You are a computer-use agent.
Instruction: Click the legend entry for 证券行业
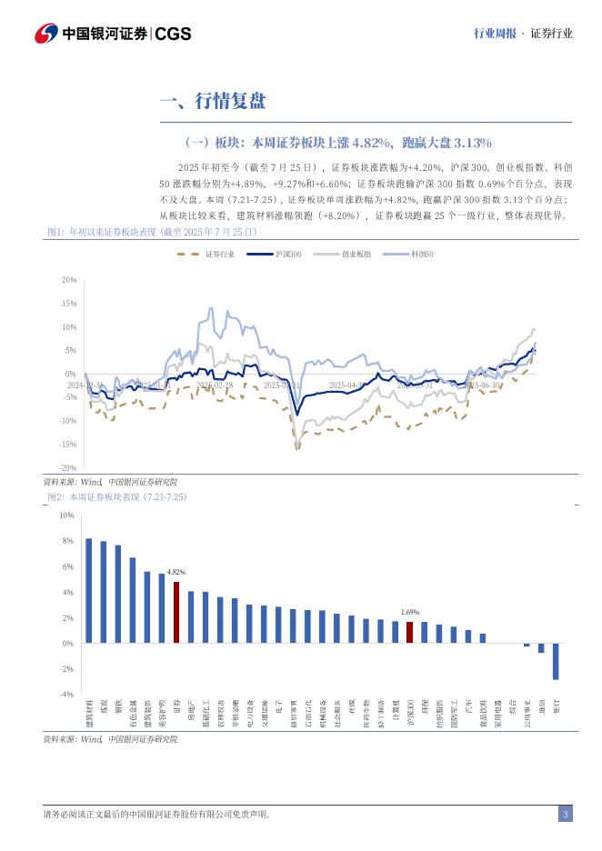219,255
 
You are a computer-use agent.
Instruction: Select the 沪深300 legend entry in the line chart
288,255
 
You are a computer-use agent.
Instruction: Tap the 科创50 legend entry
422,255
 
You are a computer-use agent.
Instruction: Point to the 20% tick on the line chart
70,280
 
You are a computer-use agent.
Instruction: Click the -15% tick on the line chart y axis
68,444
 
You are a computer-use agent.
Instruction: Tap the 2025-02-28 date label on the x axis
215,385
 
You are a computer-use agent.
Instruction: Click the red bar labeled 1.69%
410,632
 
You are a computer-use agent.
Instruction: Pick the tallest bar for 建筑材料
89,590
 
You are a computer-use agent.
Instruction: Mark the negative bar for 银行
556,661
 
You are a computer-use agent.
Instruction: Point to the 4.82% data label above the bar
176,572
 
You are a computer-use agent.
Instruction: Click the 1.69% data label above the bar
410,613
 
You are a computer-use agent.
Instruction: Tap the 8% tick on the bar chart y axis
67,541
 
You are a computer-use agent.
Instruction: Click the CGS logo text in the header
173,34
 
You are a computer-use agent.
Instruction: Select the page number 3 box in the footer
565,814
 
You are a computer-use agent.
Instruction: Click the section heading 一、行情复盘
213,101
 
